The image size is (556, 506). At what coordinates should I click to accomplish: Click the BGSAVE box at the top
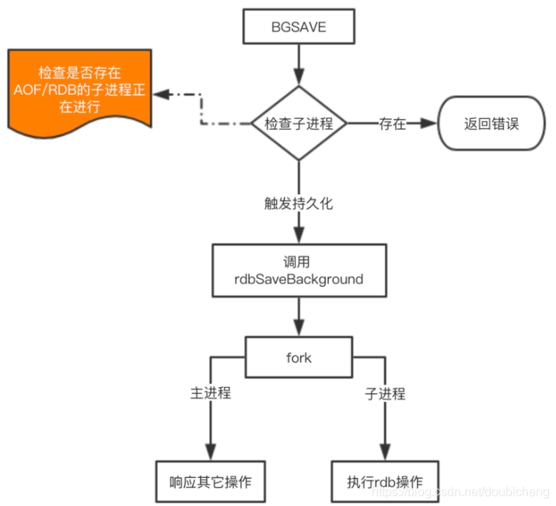coord(299,28)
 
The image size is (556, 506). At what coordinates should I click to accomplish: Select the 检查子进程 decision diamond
coord(299,123)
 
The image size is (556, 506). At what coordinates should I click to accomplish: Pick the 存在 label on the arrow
coord(392,123)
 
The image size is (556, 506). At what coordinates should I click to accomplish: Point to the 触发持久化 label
coord(299,204)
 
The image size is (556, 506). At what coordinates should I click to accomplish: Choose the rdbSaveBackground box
coord(299,269)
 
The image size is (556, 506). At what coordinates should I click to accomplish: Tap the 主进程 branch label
coord(211,393)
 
